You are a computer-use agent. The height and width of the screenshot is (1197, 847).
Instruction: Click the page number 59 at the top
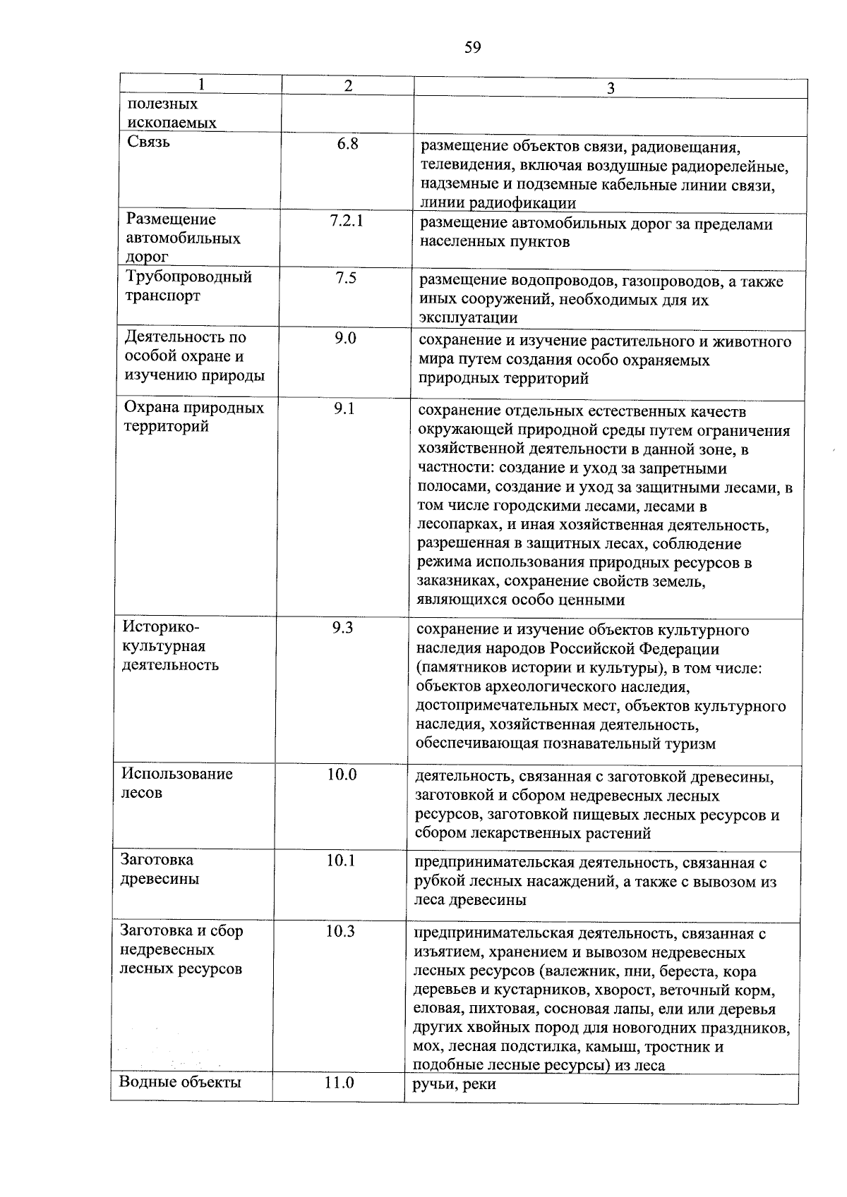472,48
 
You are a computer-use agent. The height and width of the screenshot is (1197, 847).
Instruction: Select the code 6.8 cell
348,145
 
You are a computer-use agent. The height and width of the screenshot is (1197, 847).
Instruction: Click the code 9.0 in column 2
345,339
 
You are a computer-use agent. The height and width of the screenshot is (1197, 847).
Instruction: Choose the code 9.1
344,408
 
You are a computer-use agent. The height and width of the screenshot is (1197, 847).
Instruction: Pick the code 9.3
342,627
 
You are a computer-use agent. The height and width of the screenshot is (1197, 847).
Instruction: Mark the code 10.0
342,774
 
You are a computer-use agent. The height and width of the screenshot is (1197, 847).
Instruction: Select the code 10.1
341,861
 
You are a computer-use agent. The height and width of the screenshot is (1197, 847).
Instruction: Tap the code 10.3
340,932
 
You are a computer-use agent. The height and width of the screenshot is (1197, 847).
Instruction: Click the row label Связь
149,142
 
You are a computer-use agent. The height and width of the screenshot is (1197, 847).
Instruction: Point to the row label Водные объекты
180,1082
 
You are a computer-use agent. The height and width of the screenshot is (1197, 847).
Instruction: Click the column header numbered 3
611,88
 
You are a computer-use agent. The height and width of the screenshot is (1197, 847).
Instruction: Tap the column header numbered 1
202,85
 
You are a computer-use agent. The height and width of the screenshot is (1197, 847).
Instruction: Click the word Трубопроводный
188,277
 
